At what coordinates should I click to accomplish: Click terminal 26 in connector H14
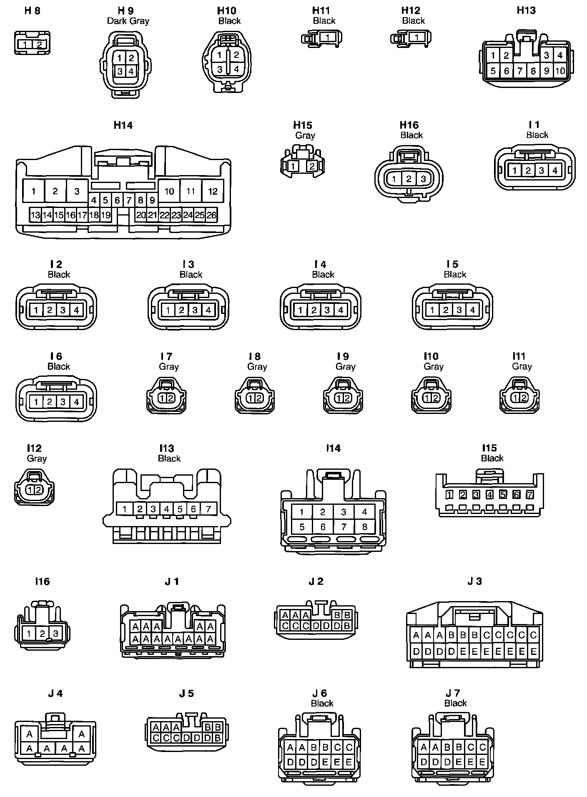[212, 215]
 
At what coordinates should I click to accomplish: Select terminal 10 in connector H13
[560, 71]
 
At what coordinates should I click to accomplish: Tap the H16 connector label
[409, 125]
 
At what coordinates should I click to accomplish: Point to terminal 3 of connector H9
[120, 71]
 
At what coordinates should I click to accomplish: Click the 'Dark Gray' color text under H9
[128, 21]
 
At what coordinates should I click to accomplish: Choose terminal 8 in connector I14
[364, 527]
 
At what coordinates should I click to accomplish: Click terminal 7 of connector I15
[530, 495]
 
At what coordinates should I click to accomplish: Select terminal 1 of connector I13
[125, 509]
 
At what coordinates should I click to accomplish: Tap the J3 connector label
[474, 581]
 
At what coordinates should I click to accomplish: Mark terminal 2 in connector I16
[42, 634]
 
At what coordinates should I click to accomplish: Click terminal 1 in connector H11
[328, 38]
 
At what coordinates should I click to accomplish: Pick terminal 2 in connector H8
[39, 45]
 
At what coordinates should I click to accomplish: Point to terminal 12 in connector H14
[213, 191]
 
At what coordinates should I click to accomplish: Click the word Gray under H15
[305, 135]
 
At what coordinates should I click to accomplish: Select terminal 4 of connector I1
[554, 170]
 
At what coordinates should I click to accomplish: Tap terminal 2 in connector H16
[409, 179]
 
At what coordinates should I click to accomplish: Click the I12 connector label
[34, 448]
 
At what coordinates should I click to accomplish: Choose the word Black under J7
[455, 703]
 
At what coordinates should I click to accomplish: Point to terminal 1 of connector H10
[219, 55]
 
